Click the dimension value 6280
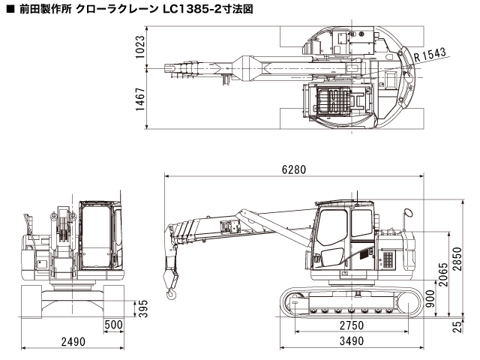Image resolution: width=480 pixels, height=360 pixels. [x=293, y=169]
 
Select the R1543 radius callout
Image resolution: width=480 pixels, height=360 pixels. [x=430, y=54]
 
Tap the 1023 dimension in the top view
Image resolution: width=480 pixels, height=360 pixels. [x=140, y=46]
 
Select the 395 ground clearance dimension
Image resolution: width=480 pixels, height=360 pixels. [x=139, y=309]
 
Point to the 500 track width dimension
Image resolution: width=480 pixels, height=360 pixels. [x=114, y=325]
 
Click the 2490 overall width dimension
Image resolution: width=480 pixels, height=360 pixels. [x=72, y=341]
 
